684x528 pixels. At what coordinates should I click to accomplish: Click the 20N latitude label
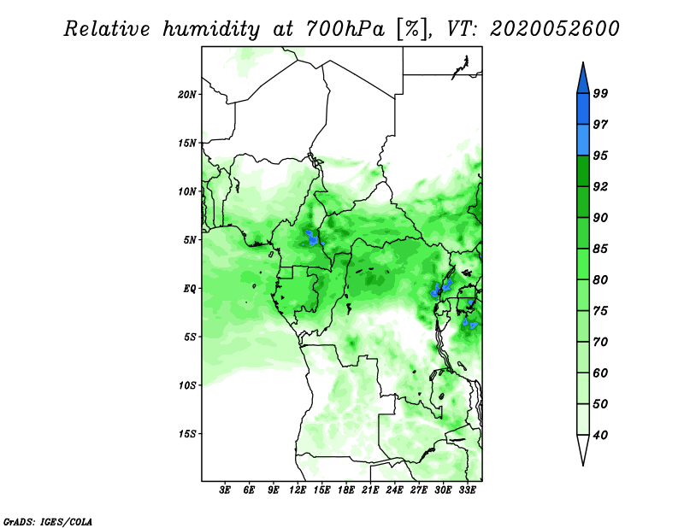point(186,94)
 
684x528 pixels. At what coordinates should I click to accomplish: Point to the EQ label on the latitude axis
point(189,288)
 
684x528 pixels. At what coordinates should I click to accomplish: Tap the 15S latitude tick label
point(186,434)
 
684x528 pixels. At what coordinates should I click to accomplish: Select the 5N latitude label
point(189,240)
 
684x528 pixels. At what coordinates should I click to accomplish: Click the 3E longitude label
point(225,490)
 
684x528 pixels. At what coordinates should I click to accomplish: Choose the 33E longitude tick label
point(467,490)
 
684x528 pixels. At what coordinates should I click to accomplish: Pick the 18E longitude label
point(346,490)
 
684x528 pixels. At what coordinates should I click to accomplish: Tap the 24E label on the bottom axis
point(394,490)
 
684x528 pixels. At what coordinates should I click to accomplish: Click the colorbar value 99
point(600,93)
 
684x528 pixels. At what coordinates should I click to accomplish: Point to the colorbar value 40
point(600,435)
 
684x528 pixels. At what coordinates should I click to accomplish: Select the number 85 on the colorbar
point(600,249)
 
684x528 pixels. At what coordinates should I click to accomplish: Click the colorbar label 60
point(600,373)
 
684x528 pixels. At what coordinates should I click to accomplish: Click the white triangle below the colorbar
point(583,448)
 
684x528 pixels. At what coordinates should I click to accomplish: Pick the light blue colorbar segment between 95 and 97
point(583,140)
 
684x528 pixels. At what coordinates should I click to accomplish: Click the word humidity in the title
point(211,29)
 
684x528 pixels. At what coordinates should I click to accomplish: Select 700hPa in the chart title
point(346,29)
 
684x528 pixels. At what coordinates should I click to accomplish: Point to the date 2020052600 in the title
point(554,29)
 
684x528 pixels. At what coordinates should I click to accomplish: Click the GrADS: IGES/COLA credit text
point(48,521)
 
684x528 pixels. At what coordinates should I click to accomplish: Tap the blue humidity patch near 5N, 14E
point(312,238)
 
